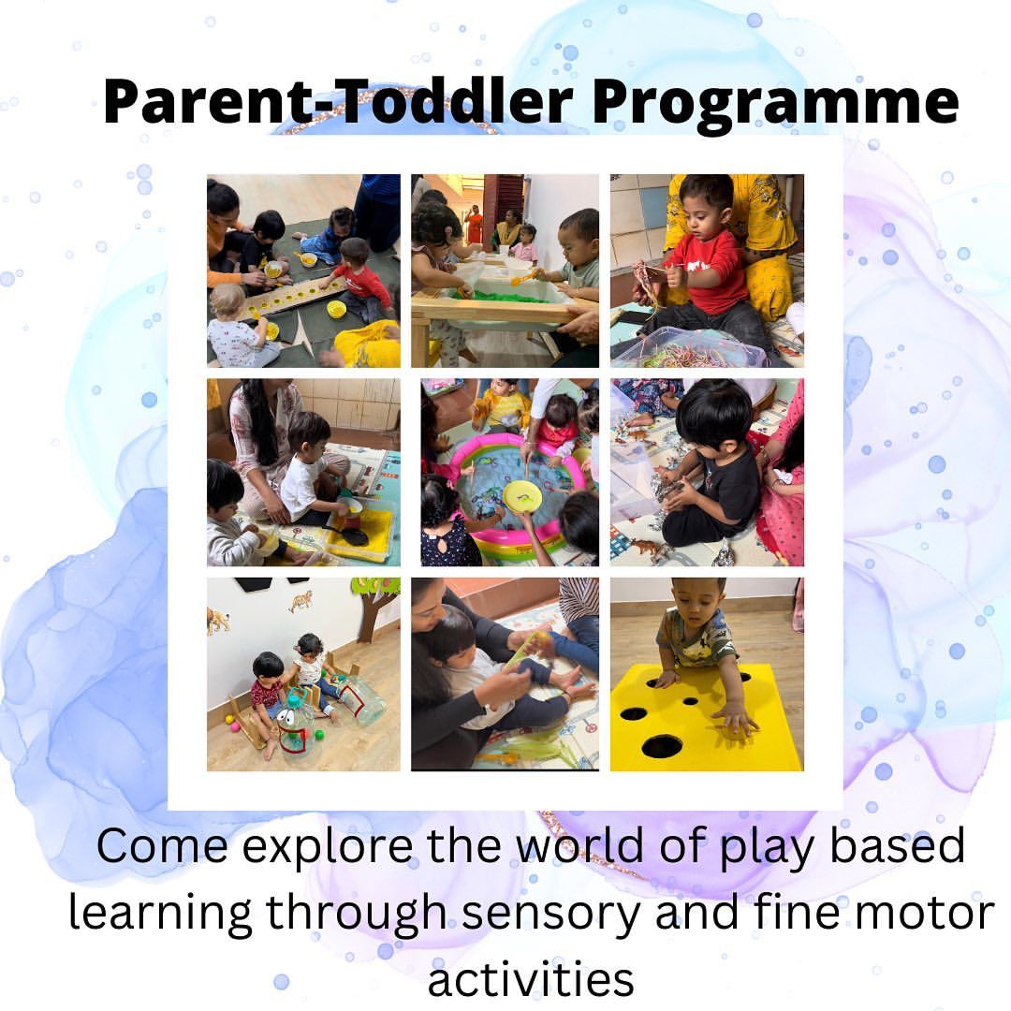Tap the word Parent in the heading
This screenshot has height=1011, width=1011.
click(204, 102)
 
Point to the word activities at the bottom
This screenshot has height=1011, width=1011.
click(531, 978)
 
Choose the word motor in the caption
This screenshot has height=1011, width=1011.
click(925, 913)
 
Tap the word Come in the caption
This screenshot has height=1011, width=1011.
click(162, 846)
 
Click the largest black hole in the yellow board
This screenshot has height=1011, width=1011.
click(662, 746)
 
